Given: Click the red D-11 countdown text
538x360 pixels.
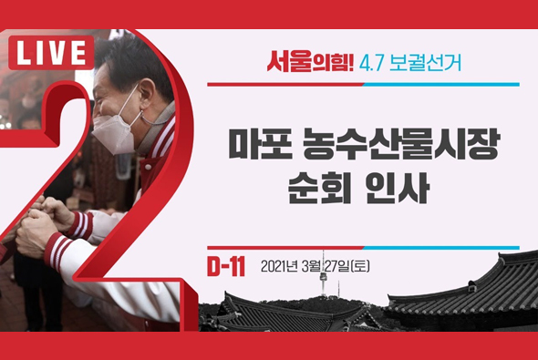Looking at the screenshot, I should tap(227, 267).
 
